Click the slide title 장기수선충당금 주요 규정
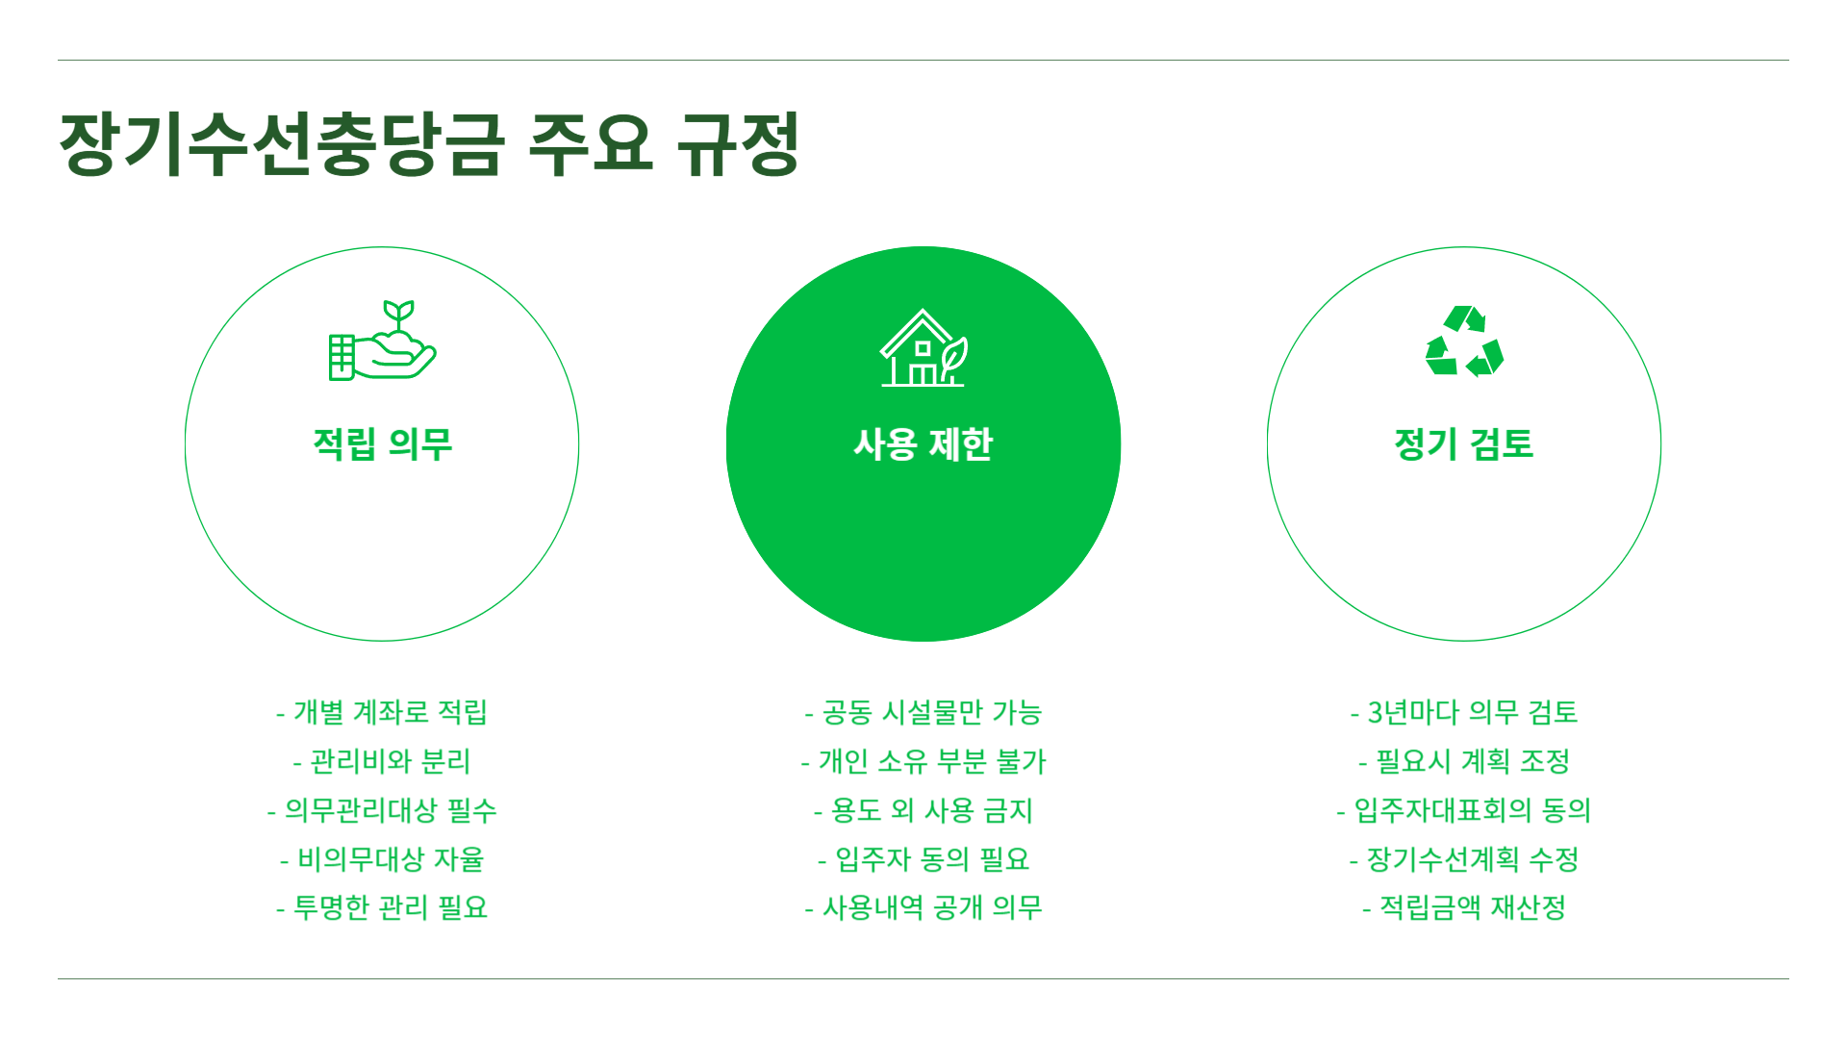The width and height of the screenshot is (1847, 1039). [x=429, y=144]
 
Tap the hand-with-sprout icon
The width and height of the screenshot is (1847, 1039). [x=382, y=342]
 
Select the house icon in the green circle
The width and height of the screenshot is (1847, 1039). [x=923, y=348]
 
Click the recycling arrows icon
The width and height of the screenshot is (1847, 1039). [x=1464, y=342]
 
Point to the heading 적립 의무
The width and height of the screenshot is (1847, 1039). [x=382, y=444]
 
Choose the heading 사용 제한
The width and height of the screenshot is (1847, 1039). [x=923, y=444]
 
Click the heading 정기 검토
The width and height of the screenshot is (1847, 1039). [x=1464, y=444]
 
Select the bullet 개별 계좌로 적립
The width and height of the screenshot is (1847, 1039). [x=382, y=713]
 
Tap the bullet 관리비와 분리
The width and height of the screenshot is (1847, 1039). [x=382, y=762]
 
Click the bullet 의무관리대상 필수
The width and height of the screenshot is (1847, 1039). [x=382, y=811]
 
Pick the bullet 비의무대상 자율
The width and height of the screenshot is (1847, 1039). [x=382, y=859]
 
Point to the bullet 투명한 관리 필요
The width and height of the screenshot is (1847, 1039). [x=382, y=908]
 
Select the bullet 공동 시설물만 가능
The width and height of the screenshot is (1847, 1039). [x=923, y=713]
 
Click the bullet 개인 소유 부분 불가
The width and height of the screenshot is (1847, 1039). [x=923, y=762]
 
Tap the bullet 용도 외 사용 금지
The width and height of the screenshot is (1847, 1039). [x=923, y=811]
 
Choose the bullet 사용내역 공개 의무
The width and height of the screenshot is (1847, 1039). [x=923, y=908]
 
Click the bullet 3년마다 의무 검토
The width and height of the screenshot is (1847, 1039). [x=1464, y=713]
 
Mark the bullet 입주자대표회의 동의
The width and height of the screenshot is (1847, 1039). [x=1464, y=811]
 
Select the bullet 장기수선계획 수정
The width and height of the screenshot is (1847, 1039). [x=1464, y=859]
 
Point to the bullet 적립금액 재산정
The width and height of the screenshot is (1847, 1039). [x=1464, y=908]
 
